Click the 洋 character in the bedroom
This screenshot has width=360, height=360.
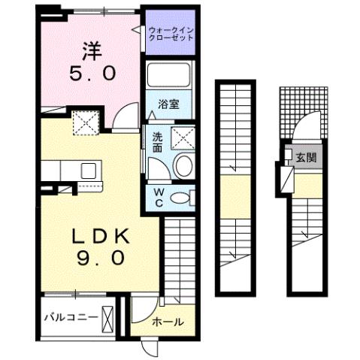(92, 50)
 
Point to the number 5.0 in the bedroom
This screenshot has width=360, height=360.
(92, 74)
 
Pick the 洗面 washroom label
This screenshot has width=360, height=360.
(158, 143)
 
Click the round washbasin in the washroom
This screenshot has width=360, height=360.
(182, 165)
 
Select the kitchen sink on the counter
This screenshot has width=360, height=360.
(88, 169)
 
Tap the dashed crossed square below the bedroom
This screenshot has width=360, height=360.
(85, 122)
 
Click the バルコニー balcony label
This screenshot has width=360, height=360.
(69, 317)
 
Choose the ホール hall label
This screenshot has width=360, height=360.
(167, 322)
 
